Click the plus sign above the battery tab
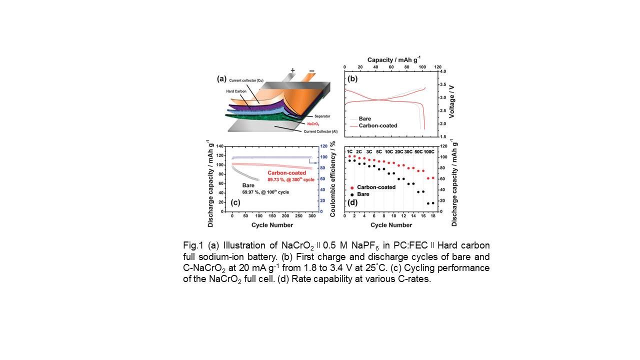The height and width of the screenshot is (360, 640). click(292, 70)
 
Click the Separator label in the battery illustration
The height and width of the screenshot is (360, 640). click(315, 115)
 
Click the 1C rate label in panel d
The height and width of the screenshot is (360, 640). click(350, 151)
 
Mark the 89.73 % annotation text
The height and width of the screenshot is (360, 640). click(287, 178)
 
